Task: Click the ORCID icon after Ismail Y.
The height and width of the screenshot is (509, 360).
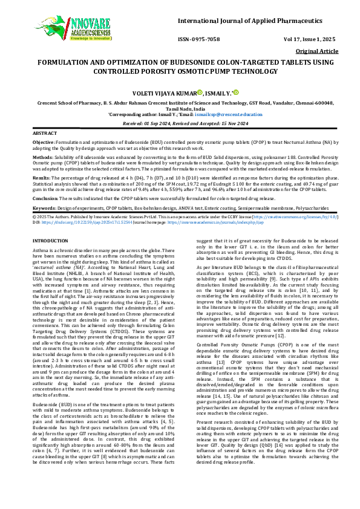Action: pos(237,92)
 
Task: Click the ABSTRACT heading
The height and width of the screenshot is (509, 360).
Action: pos(44,132)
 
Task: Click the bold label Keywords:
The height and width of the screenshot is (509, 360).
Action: pos(43,207)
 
